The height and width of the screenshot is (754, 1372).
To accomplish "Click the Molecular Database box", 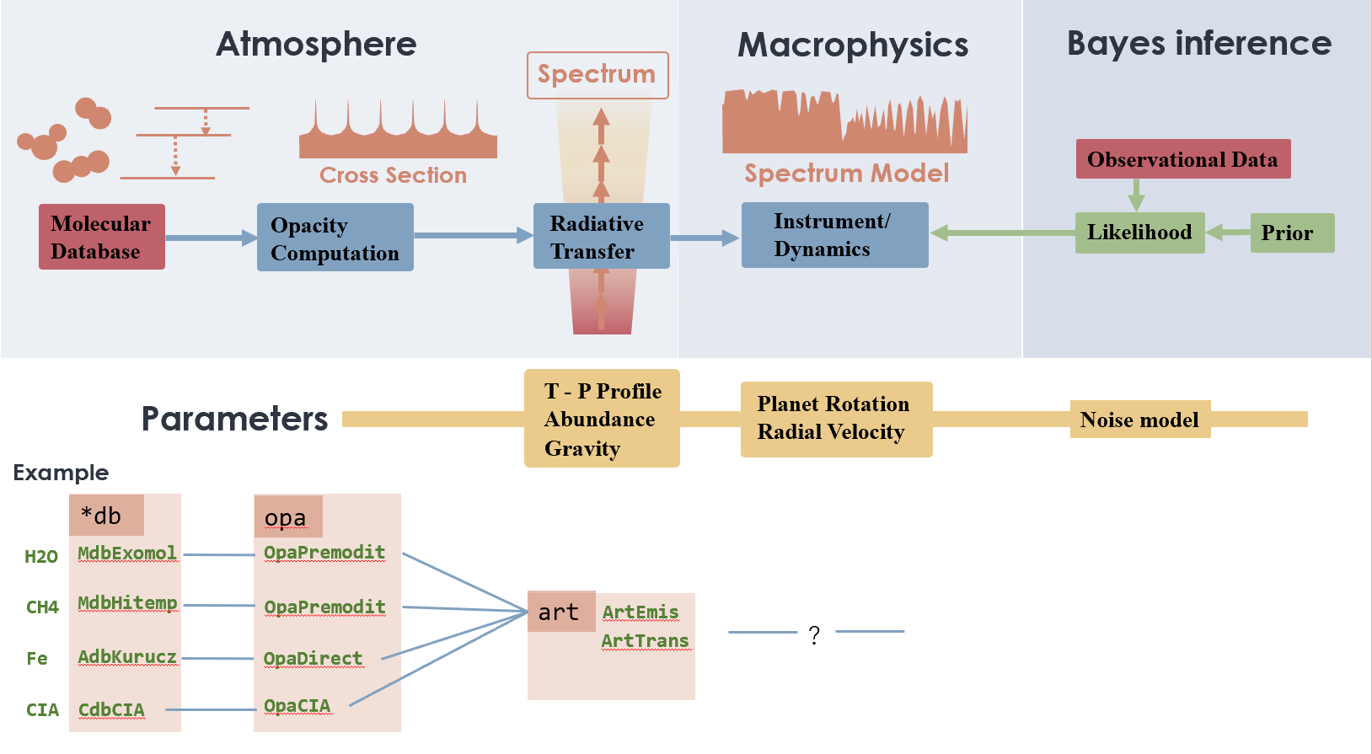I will point(101,237).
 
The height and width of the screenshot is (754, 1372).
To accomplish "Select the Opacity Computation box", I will point(335,238).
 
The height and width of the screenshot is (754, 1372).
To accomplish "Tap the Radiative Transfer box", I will point(601,236).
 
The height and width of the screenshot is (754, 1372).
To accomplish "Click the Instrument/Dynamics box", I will point(834,235).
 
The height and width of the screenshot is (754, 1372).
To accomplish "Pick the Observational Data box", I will point(1182,159).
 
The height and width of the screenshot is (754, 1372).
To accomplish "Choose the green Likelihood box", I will point(1139,233).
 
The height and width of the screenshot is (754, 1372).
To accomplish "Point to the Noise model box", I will point(1139,420).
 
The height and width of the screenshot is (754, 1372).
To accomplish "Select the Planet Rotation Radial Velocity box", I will point(836,419).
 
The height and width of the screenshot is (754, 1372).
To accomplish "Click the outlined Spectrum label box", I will point(598,75).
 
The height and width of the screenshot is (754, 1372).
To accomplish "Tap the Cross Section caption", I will point(393,175).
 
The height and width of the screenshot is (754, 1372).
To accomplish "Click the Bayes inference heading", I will point(1198,43).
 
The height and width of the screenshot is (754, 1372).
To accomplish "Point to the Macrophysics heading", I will point(853,45).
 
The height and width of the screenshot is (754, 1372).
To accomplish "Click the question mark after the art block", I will point(814,634).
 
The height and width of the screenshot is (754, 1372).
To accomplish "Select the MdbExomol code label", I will point(127,553).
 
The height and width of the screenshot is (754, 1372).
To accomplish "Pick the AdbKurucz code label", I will point(127,657).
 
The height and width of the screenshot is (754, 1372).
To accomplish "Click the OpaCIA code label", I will point(297,706).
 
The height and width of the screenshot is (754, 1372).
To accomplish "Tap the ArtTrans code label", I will point(645,641).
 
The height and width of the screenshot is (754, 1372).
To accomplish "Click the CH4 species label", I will point(42,607).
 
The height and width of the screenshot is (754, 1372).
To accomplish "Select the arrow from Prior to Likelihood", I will point(1228,233).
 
